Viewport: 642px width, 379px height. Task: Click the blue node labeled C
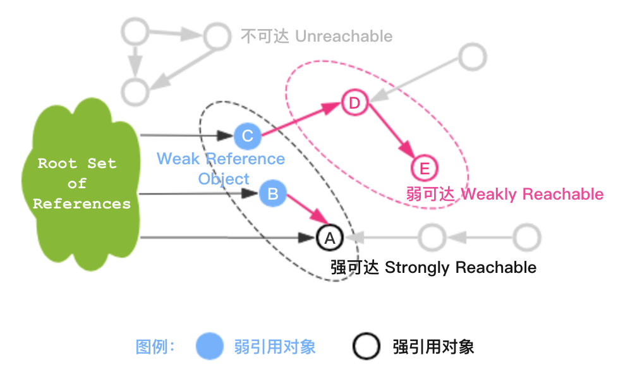point(248,136)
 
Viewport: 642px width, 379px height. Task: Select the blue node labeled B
point(273,193)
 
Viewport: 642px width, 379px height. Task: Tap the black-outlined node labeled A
point(329,238)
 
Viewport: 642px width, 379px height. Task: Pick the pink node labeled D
point(354,103)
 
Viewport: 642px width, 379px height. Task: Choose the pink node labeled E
point(424,169)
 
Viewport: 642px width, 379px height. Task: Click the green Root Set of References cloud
point(79,183)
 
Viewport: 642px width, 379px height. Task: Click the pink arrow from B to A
point(301,212)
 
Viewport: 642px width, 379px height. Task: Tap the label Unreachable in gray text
point(344,36)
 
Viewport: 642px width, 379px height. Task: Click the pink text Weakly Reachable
point(532,194)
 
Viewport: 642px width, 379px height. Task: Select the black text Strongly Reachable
point(460,267)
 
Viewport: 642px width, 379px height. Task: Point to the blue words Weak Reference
point(221,159)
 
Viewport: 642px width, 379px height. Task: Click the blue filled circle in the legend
point(210,347)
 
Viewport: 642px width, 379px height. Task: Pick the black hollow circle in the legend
point(366,347)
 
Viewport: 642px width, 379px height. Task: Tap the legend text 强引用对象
point(433,347)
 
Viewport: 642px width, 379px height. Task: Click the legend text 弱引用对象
point(274,347)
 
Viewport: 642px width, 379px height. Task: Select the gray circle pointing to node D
point(472,57)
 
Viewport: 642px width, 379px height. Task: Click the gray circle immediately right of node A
point(432,238)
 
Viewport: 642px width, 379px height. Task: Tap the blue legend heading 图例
point(155,347)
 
